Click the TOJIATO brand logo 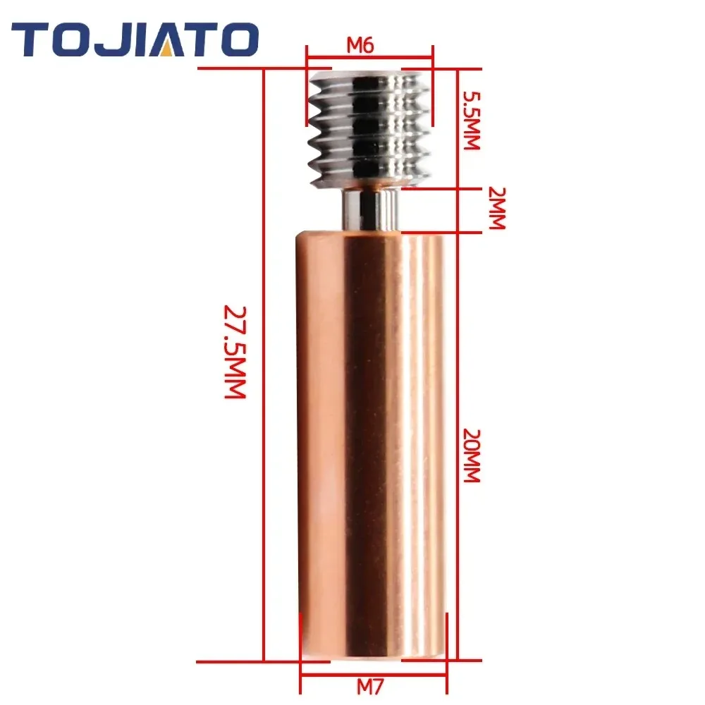click(135, 39)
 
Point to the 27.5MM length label click(235, 352)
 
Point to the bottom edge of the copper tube click(370, 661)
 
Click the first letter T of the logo click(32, 39)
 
